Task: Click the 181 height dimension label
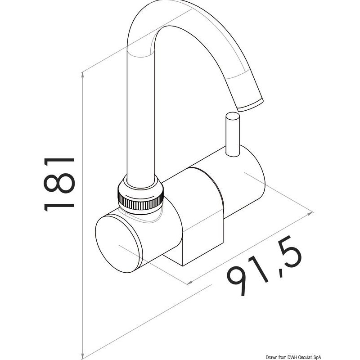59,184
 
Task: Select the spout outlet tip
251,105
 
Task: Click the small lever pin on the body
233,134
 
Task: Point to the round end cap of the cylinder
117,244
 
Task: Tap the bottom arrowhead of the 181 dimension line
82,356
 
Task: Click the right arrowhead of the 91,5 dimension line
310,213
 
